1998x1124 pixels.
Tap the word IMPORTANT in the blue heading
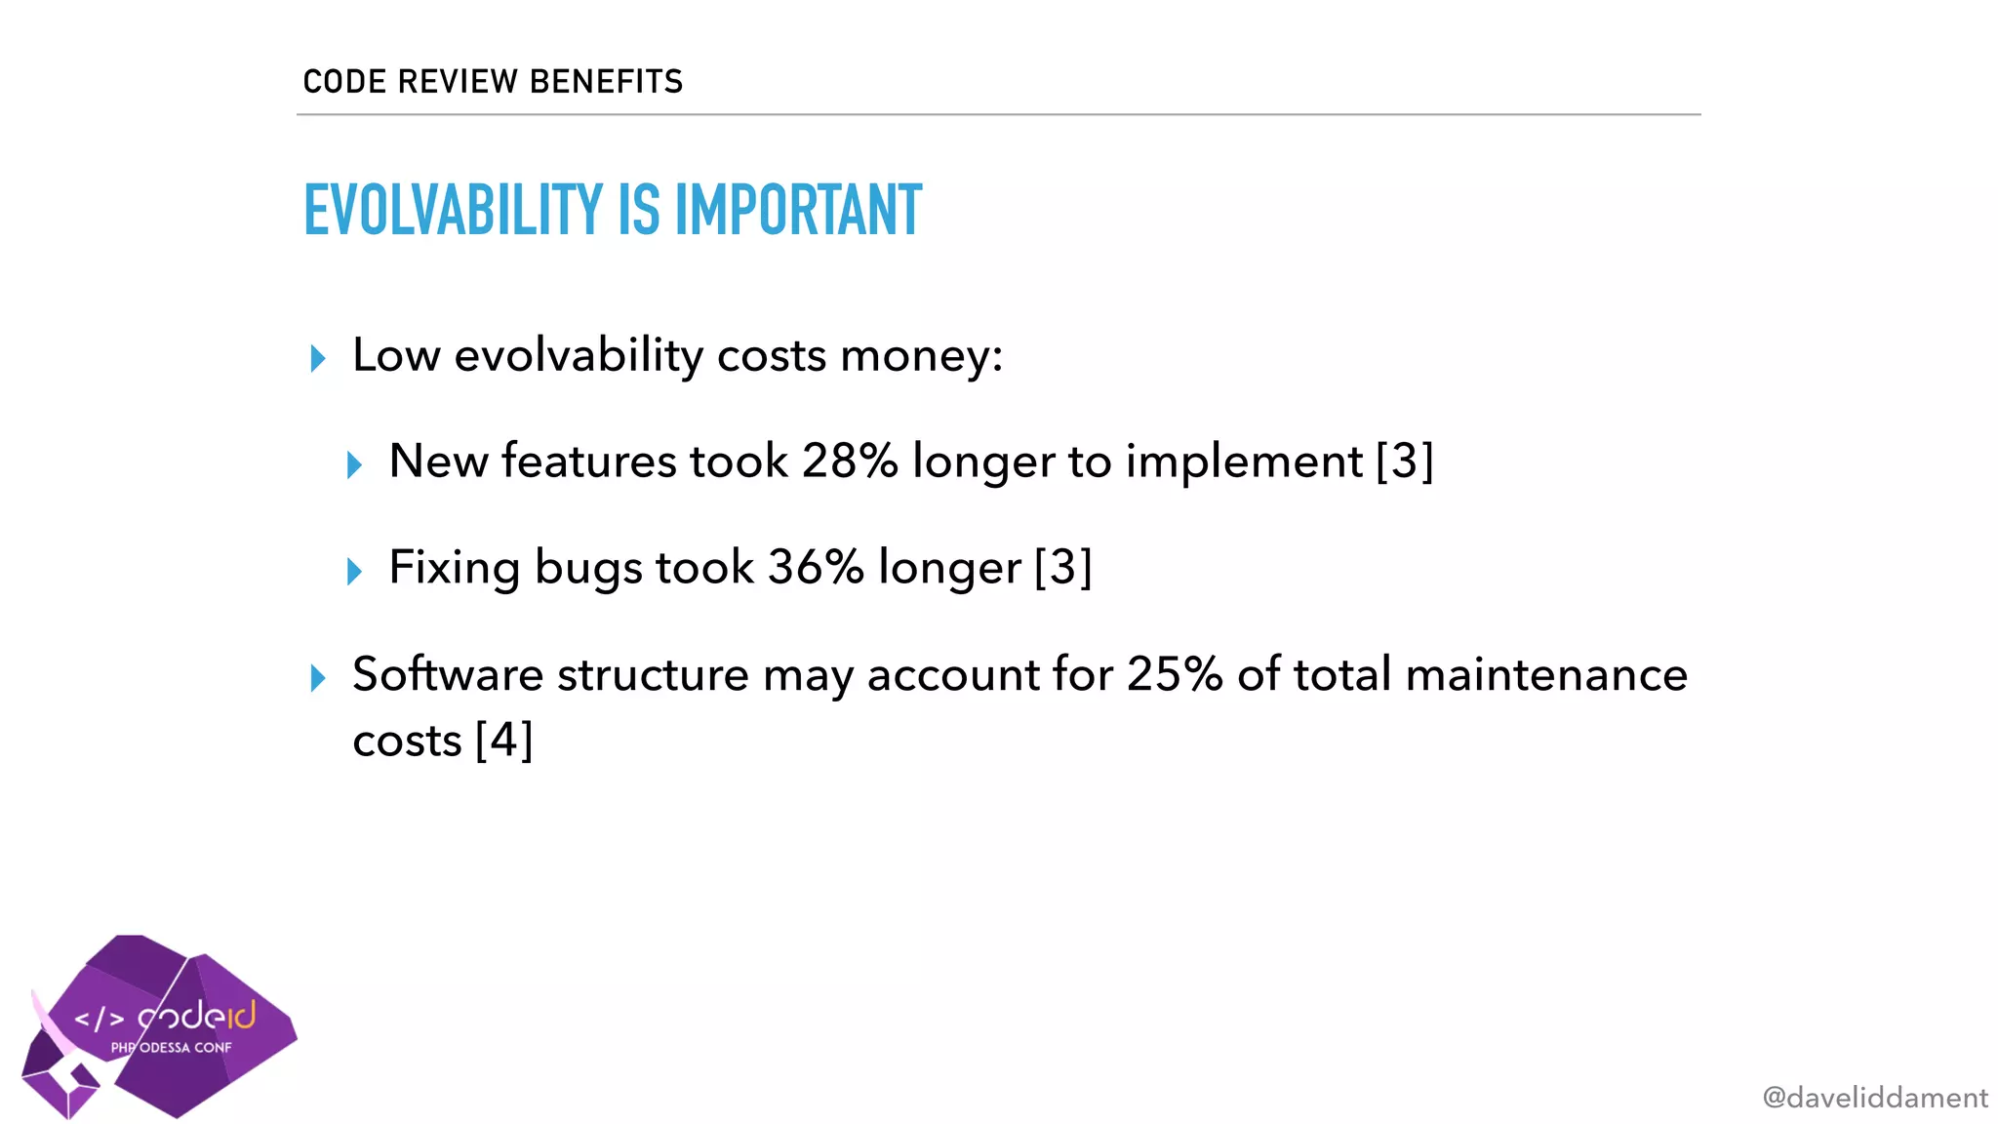[x=798, y=210]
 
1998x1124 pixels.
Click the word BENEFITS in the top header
[x=606, y=82]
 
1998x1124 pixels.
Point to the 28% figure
[x=849, y=461]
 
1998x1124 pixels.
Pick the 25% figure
[x=1175, y=674]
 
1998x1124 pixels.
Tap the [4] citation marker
[x=503, y=741]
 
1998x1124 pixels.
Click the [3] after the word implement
[x=1404, y=461]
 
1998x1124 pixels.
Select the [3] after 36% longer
[x=1062, y=567]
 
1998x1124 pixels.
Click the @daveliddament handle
[x=1874, y=1098]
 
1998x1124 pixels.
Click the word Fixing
[x=454, y=567]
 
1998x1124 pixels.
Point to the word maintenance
[x=1546, y=674]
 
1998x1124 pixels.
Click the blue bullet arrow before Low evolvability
[x=317, y=358]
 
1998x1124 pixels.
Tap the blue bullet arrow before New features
[x=354, y=464]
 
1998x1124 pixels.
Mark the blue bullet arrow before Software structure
[x=317, y=677]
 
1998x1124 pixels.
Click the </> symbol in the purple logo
[x=100, y=1020]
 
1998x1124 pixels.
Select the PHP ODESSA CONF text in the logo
[x=172, y=1048]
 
